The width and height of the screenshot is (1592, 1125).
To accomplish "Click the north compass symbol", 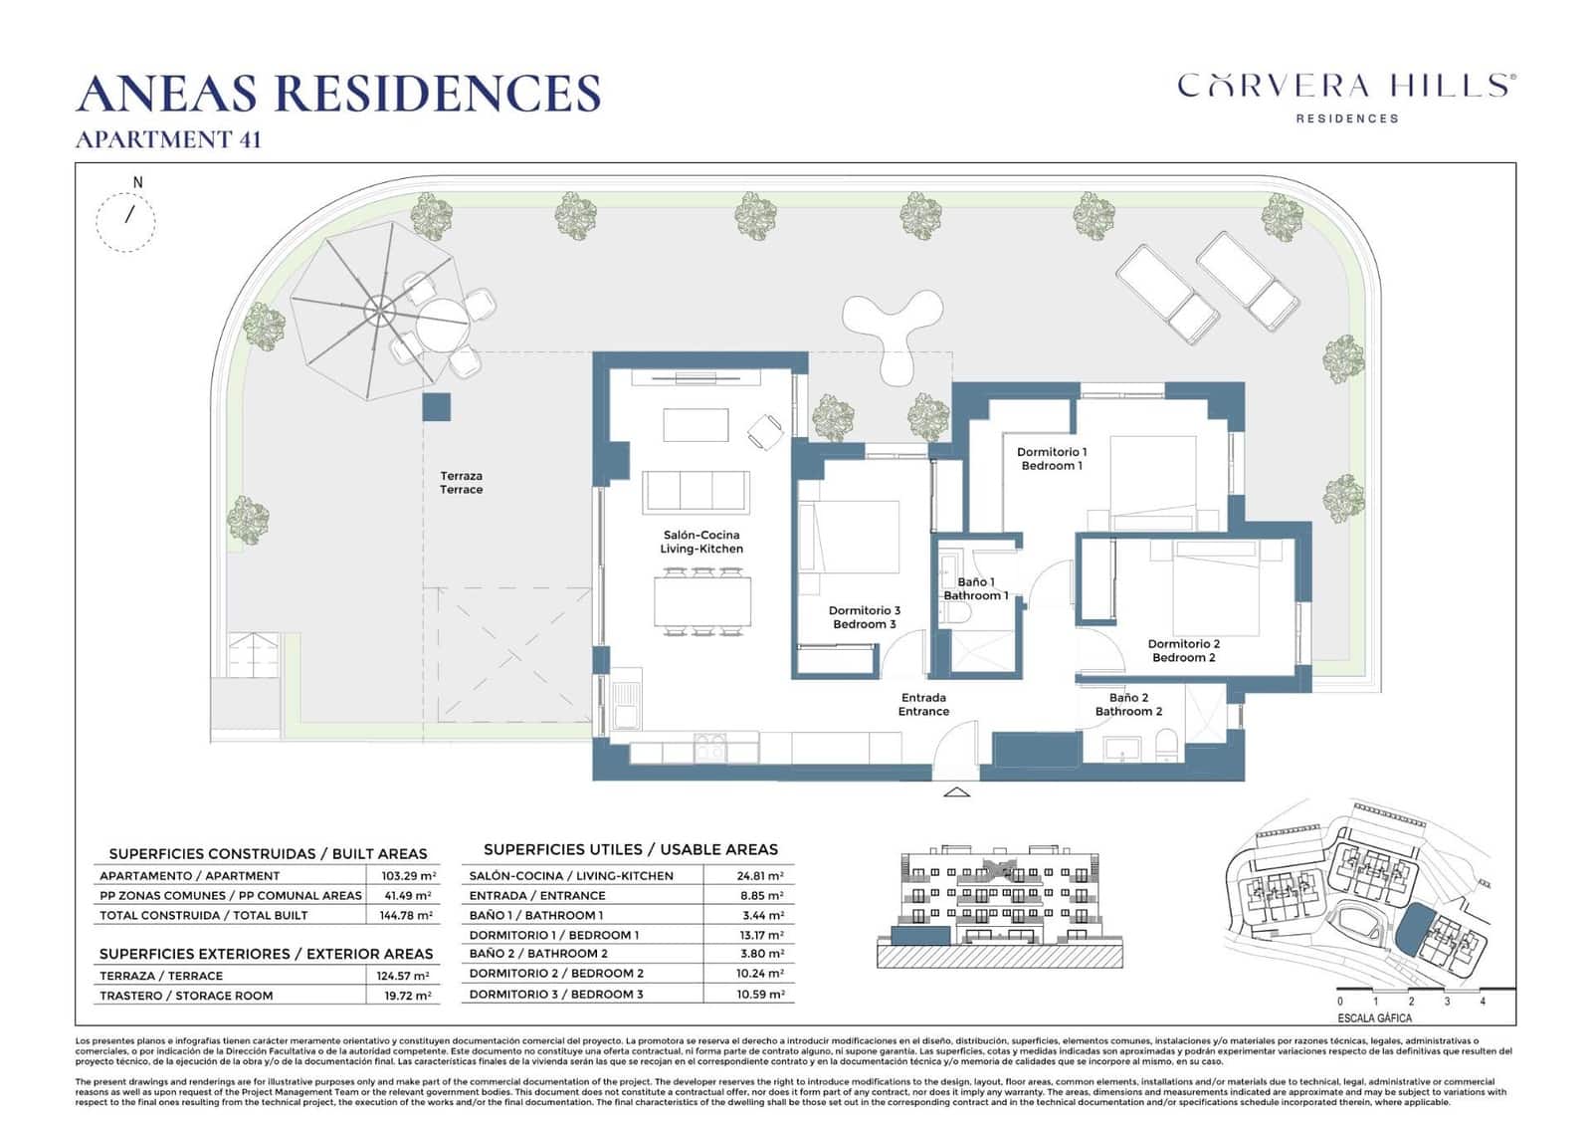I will point(126,220).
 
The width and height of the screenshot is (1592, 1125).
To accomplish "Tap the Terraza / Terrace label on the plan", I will point(461,483).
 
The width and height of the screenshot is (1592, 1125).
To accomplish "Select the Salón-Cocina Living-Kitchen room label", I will point(701,542).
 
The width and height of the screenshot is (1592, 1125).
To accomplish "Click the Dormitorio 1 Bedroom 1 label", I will point(1052,459).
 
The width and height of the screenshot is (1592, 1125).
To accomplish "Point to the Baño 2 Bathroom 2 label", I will point(1128,705).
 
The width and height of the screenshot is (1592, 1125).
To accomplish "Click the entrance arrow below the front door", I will point(956,792).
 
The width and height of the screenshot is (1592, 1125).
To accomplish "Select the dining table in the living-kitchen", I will point(702,601).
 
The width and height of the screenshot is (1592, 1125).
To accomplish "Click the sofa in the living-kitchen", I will point(696,491).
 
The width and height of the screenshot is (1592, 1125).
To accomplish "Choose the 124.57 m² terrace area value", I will point(408,977).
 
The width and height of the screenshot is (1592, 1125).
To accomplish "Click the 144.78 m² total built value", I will point(408,915).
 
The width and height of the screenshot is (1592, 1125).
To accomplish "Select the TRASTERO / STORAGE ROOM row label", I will point(186,996).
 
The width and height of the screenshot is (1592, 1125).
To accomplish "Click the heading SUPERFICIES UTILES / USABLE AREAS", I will point(630,849).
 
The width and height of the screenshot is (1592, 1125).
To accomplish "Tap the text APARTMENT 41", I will point(168,140).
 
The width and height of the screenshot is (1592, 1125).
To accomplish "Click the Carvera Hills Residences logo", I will point(1346,96).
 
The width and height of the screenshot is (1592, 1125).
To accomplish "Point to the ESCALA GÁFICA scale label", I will point(1374,1018).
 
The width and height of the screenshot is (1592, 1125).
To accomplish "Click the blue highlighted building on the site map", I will point(1409,931).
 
